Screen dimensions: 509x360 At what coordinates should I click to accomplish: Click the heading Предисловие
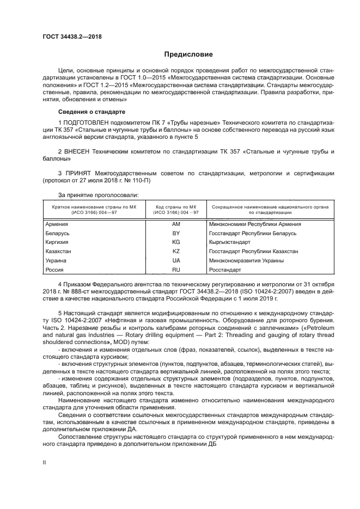pyautogui.click(x=189, y=54)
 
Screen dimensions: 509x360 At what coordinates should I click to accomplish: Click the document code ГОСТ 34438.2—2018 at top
pyautogui.click(x=72, y=37)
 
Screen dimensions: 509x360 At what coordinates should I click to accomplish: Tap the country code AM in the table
pyautogui.click(x=175, y=224)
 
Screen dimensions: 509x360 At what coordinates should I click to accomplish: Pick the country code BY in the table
pyautogui.click(x=175, y=233)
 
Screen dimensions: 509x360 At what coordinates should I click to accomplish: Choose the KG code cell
pyautogui.click(x=175, y=242)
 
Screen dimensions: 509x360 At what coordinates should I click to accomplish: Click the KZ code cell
pyautogui.click(x=175, y=252)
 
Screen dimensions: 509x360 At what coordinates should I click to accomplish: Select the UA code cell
pyautogui.click(x=175, y=261)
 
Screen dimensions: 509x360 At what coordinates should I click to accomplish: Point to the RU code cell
pyautogui.click(x=175, y=270)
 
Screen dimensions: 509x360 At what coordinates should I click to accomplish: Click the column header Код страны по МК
pyautogui.click(x=175, y=207)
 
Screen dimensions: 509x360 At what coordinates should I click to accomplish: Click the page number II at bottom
pyautogui.click(x=45, y=462)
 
